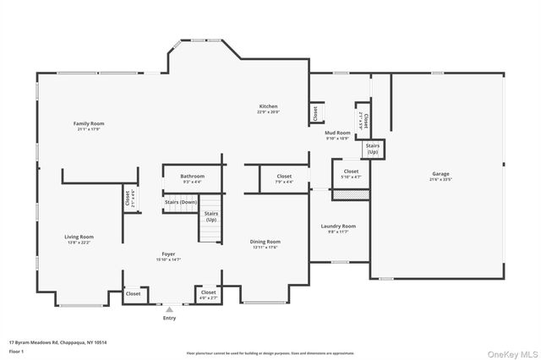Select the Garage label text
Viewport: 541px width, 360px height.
point(440,173)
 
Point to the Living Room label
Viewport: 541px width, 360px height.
point(79,237)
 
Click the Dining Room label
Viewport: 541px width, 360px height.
point(265,242)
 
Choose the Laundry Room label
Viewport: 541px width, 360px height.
point(338,226)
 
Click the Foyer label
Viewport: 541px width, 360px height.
point(169,254)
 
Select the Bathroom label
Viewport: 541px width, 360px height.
point(193,176)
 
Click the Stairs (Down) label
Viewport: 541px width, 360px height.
point(181,202)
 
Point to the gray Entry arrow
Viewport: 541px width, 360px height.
point(169,310)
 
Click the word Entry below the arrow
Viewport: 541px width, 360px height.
point(169,319)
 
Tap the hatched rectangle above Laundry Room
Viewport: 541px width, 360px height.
point(351,194)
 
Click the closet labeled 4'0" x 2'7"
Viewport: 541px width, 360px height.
point(208,293)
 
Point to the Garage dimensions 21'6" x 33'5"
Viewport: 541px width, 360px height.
point(440,179)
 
